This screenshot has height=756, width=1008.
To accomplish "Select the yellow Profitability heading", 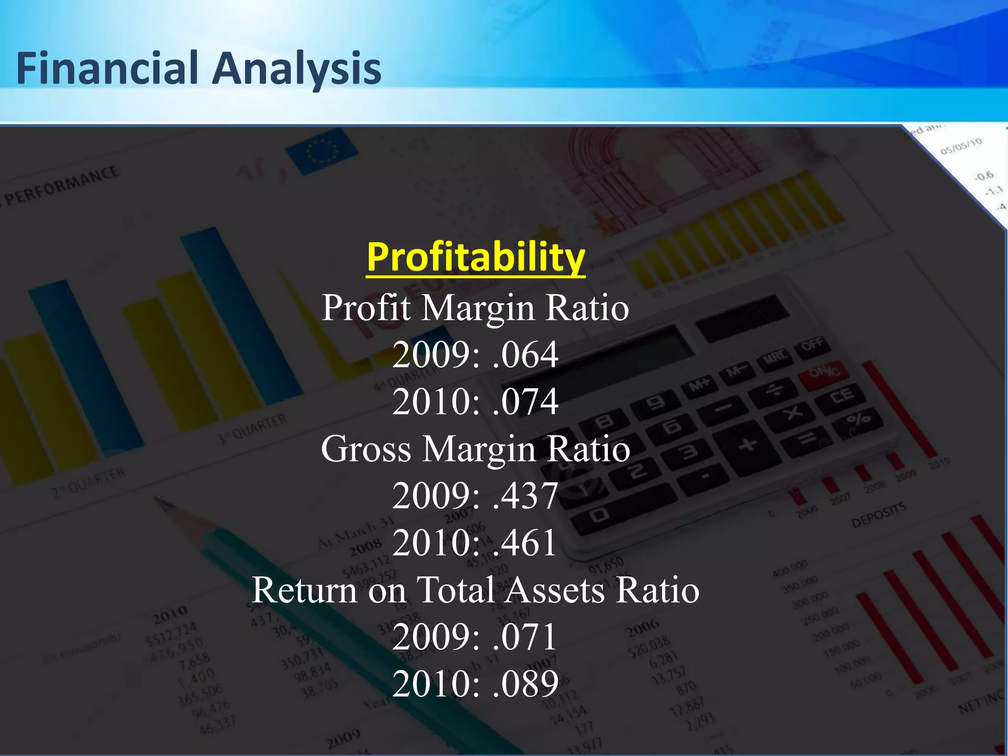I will (x=475, y=257).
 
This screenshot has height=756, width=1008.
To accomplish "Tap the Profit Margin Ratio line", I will (x=475, y=308).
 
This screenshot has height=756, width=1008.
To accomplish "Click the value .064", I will (x=525, y=354).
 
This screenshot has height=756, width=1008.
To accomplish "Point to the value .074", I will (x=525, y=402).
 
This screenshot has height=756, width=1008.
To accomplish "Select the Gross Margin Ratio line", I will (x=475, y=449).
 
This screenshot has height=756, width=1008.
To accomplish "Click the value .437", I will (x=525, y=496).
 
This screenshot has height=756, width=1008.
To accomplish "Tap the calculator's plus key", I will (x=748, y=444).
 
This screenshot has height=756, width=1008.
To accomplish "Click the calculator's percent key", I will (x=857, y=419).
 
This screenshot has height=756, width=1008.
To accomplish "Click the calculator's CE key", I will (x=842, y=396).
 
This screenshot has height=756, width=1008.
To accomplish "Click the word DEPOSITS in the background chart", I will (x=879, y=514).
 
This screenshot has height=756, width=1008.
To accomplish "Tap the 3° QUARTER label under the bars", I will (x=252, y=428).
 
